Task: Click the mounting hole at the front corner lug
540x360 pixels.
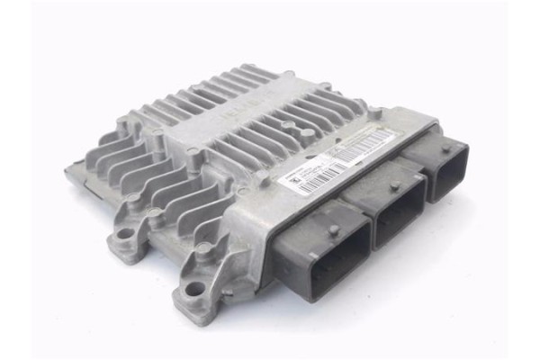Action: click(x=194, y=291)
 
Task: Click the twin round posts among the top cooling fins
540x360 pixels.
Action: click(x=298, y=127)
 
